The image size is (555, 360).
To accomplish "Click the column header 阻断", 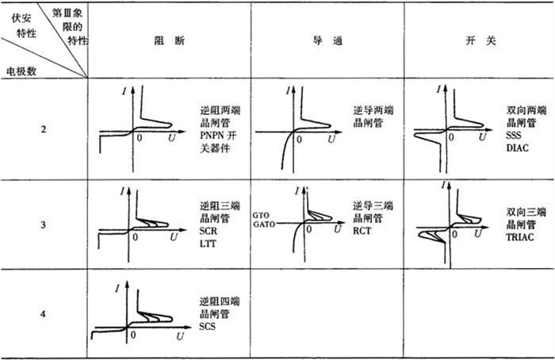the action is pos(169,40).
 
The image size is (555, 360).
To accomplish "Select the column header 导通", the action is pos(327,40).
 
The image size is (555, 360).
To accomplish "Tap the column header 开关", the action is pos(480,40).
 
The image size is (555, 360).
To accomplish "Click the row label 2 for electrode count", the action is pos(43,129).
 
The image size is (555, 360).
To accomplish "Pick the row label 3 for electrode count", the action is pos(43,224).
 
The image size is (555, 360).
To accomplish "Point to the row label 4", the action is pos(43,314).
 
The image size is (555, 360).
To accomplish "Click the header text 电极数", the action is pos(21,71).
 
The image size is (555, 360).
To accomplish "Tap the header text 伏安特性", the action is pos(24,25).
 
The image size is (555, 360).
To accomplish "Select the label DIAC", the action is pos(517,147).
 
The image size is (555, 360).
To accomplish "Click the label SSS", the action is pos(513,136).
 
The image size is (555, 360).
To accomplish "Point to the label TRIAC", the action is pos(519,237).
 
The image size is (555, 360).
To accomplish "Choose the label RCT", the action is pos(362,231).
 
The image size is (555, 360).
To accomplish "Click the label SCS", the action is pos(207,326).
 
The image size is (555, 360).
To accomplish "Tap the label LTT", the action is pos(208,243).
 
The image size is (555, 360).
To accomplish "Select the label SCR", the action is pos(208,231).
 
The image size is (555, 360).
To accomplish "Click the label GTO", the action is pos(261,215).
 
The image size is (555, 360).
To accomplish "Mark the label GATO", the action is pos(264,224).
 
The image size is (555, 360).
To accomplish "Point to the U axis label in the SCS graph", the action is pos(180,335).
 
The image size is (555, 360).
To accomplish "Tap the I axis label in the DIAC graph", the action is pos(439,90).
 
